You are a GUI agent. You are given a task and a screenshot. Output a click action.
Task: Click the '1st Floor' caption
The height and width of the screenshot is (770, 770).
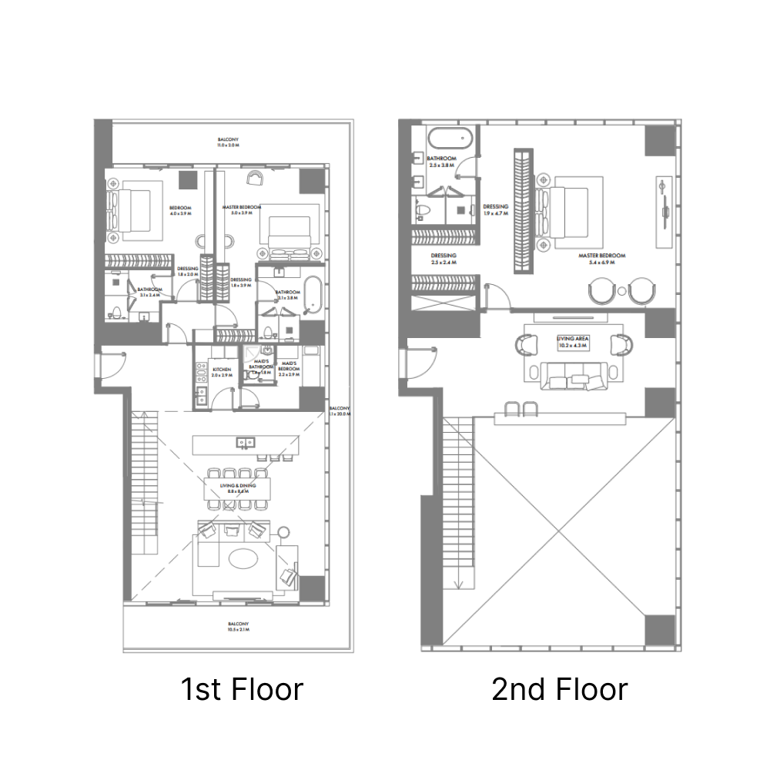(x=242, y=688)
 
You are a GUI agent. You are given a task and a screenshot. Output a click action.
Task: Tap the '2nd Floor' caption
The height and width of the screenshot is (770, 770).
(x=560, y=688)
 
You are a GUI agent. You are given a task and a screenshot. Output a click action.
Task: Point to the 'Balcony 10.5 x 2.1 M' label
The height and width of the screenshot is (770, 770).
(x=238, y=626)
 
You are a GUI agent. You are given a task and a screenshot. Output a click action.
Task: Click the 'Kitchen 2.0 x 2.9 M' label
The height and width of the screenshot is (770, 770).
(x=221, y=372)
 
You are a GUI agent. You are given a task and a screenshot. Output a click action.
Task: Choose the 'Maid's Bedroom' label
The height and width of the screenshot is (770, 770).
(x=290, y=366)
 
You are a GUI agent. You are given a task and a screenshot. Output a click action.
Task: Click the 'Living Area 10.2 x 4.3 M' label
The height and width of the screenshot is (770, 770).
(x=572, y=341)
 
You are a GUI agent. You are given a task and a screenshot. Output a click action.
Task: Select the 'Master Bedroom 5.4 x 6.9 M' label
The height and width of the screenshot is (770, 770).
(x=602, y=258)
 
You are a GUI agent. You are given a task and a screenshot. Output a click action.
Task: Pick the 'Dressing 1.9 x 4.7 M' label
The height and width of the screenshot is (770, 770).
(x=495, y=210)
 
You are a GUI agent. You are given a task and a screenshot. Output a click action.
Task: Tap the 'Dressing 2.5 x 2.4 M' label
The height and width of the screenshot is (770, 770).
(x=444, y=259)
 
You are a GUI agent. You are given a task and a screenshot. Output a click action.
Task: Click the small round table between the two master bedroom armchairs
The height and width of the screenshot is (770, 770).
(x=621, y=291)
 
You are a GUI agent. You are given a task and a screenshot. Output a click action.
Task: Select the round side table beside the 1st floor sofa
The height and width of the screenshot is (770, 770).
(x=284, y=531)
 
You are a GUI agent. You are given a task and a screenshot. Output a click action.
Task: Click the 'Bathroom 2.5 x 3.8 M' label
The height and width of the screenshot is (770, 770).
(x=442, y=162)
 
